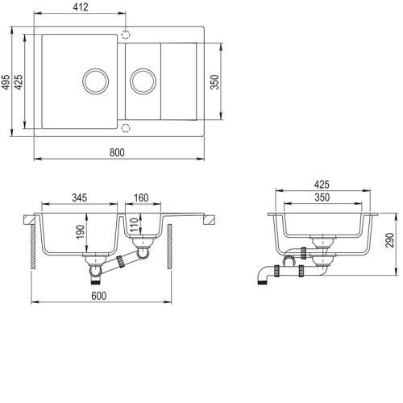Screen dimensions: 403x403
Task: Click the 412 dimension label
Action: pos(81,7)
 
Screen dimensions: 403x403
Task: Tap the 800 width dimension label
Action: pos(117,152)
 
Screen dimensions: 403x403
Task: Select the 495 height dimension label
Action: pos(6,81)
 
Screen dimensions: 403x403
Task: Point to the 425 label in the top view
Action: pos(19,81)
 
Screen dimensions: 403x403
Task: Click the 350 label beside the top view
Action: pos(215,82)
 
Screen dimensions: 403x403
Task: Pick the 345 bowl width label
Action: pos(80,197)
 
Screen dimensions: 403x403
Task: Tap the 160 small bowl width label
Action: pos(141,197)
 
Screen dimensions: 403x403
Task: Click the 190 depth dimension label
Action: pos(80,231)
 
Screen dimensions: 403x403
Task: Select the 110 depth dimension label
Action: pos(134,225)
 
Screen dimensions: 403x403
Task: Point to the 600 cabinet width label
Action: pos(99,296)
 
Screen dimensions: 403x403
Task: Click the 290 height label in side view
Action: pos(390,240)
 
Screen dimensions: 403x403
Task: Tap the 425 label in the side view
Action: pos(322,185)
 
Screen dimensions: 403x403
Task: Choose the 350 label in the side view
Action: pos(322,197)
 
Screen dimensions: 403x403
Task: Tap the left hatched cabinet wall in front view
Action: pos(33,247)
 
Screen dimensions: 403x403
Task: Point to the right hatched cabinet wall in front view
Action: pos(169,247)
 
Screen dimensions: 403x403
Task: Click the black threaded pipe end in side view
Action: pos(262,282)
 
